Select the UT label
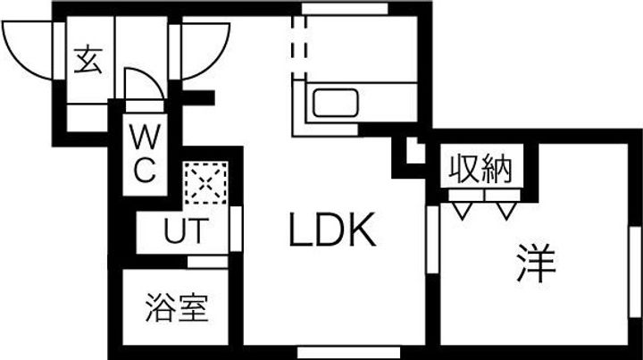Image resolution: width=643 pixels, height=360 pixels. click(x=187, y=230)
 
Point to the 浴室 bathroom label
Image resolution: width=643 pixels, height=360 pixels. click(x=176, y=309)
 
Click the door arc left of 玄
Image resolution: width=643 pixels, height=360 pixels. click(x=29, y=49)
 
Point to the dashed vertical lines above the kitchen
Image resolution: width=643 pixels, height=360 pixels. click(x=298, y=40)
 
